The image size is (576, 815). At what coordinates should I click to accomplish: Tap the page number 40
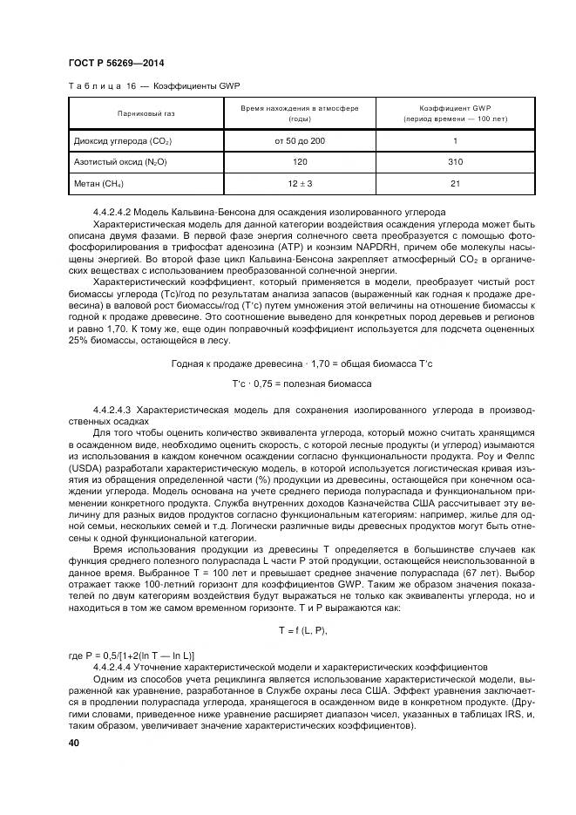(73, 743)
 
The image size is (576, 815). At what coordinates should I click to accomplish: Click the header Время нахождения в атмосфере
(300, 107)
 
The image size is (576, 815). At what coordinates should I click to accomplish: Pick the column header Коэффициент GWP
(455, 107)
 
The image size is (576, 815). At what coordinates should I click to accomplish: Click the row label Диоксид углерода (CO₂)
(123, 141)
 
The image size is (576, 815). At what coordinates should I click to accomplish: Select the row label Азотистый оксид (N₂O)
(120, 162)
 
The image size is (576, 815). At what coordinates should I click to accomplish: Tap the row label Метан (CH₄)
(98, 184)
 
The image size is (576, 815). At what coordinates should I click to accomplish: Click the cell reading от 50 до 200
(300, 141)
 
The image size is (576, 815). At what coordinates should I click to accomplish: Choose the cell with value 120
(300, 162)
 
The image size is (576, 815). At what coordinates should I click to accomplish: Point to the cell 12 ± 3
(300, 184)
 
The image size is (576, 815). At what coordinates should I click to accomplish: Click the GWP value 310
(455, 162)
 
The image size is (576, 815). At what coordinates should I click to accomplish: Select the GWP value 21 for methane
(455, 184)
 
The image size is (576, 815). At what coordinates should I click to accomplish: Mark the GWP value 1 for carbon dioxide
(455, 141)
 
